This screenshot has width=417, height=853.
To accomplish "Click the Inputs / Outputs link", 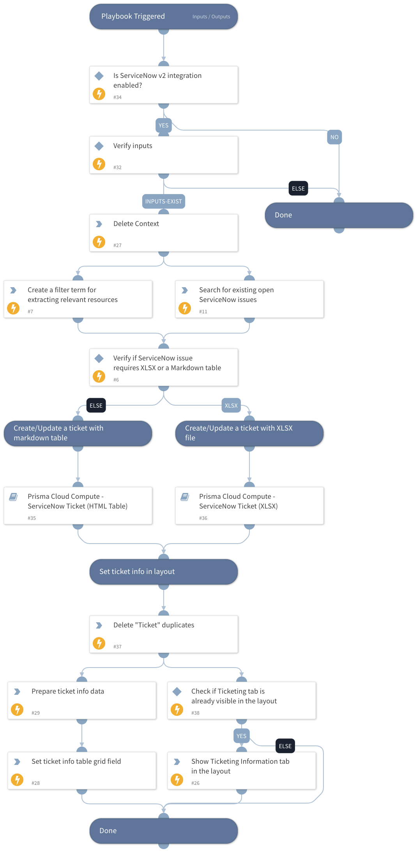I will click(x=211, y=17).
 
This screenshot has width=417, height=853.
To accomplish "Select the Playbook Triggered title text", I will click(x=133, y=16).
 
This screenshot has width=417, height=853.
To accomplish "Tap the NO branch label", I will click(x=334, y=137).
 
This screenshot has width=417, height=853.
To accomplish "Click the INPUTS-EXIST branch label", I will click(x=163, y=201).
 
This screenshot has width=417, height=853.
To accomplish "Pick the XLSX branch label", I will click(x=231, y=406).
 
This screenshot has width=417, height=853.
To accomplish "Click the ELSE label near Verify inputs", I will click(x=298, y=189).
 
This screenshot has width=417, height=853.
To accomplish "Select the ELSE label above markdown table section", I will click(x=96, y=406).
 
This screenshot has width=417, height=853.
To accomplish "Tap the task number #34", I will click(x=117, y=97).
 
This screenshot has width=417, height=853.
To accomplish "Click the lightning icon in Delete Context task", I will click(x=99, y=242).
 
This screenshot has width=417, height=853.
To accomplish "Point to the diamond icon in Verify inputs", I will click(x=99, y=146).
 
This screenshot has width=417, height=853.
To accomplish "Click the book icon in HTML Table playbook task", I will click(x=13, y=497).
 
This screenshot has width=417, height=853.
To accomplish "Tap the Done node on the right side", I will click(x=339, y=215).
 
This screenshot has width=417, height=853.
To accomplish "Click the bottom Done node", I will click(x=163, y=831).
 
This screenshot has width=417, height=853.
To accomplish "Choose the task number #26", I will click(x=195, y=783).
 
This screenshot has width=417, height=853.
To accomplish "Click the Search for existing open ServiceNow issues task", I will click(x=249, y=299).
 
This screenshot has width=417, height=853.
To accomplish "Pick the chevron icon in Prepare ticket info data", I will click(x=17, y=692).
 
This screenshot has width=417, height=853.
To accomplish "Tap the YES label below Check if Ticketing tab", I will click(x=241, y=736).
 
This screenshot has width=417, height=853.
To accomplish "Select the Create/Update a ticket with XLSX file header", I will click(x=249, y=433).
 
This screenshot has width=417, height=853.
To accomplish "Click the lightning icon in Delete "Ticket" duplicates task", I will click(x=99, y=643).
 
